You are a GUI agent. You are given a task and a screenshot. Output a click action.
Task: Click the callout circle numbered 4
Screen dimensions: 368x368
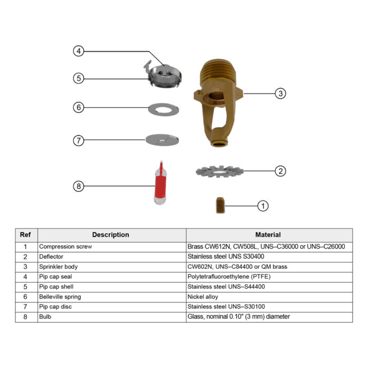78,52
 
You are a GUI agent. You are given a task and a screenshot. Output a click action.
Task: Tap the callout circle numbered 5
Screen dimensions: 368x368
78,78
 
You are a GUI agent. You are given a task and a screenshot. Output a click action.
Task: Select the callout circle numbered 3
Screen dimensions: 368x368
281,93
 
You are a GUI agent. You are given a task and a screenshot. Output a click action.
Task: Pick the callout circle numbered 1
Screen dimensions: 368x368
263,206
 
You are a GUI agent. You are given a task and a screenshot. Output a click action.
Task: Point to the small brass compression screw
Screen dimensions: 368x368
221,204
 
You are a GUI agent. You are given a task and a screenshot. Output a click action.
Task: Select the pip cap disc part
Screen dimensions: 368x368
162,140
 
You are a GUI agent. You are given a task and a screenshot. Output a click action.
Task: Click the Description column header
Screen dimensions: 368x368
111,235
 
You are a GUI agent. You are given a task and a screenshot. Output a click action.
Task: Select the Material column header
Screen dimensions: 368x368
268,235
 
